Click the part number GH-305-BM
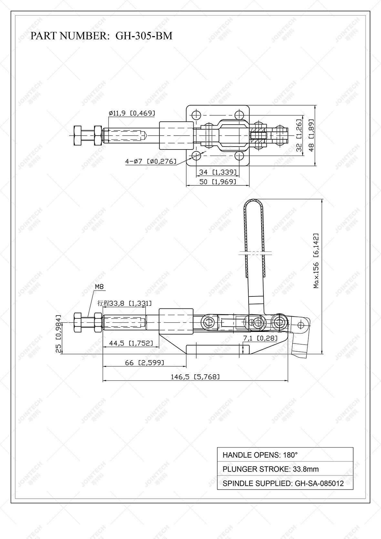pos(144,36)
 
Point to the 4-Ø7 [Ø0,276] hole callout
pos(151,161)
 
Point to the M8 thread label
pos(99,286)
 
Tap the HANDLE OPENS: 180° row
pos(285,455)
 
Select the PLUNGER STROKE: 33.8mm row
pos(285,469)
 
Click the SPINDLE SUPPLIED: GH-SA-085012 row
pos(285,483)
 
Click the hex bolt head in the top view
pos(78,136)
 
